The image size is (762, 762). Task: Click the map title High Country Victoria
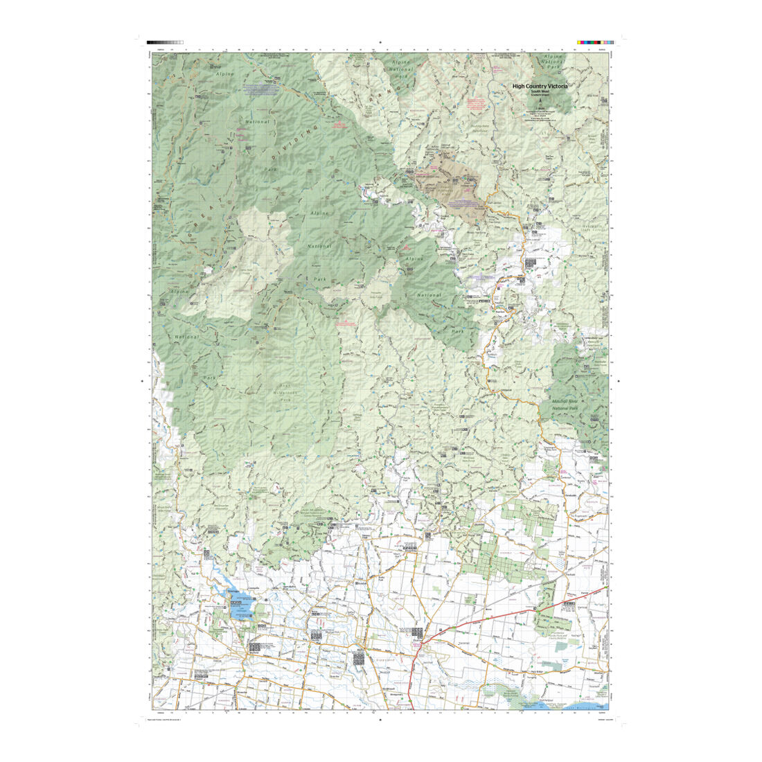[x=540, y=86]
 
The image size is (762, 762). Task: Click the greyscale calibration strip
[x=165, y=42]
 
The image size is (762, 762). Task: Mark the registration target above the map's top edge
[x=380, y=42]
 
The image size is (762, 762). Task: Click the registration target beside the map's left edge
[x=142, y=380]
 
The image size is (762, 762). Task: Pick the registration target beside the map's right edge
[x=619, y=380]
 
